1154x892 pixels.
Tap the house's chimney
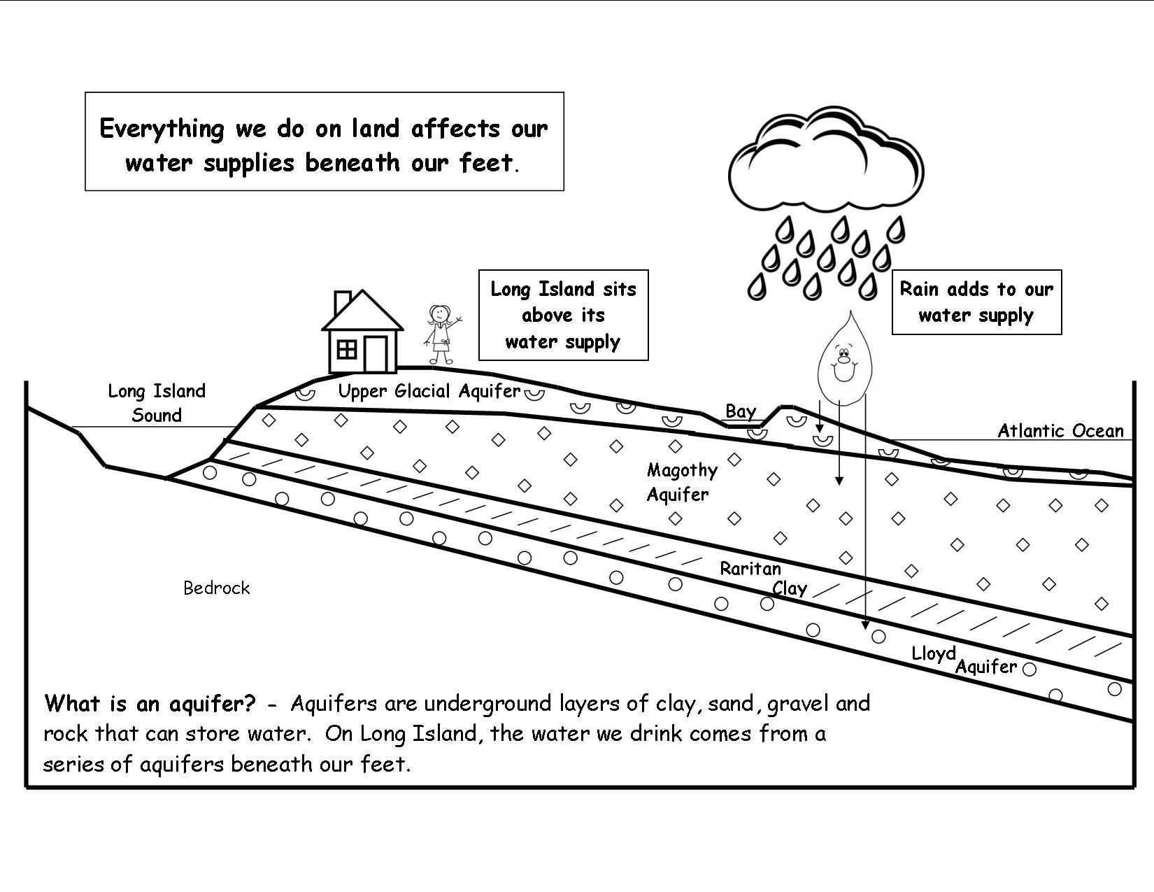342,303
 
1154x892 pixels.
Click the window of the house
347,348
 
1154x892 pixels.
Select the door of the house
376,354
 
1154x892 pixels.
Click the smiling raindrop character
845,357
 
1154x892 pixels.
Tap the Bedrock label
216,588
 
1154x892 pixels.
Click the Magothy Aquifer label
681,482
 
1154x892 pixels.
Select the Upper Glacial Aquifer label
429,391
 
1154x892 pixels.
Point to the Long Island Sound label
157,403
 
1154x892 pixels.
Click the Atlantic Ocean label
1060,431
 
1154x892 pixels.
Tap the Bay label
740,411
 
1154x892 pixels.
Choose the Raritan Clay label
762,578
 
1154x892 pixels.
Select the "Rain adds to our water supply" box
976,302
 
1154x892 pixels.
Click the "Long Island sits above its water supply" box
563,315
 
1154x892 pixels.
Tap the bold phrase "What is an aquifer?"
150,703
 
